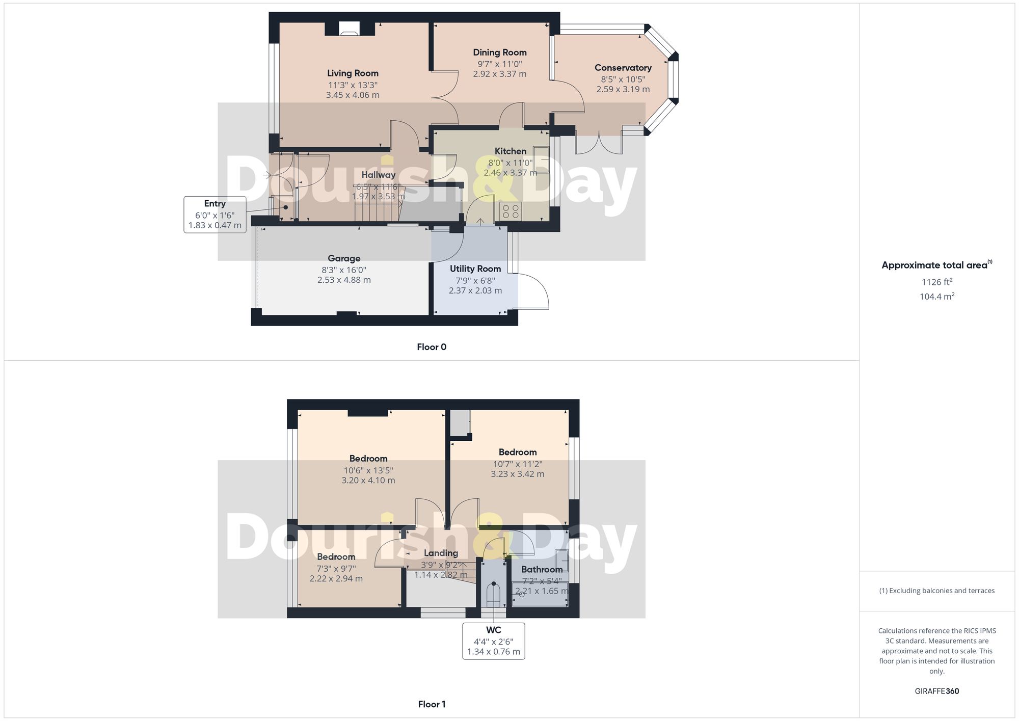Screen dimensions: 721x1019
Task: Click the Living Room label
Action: point(353,73)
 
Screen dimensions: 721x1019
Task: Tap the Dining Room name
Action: point(499,52)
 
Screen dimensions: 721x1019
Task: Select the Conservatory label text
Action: point(623,68)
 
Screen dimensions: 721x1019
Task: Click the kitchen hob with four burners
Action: point(511,211)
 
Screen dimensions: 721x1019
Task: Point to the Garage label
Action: point(344,258)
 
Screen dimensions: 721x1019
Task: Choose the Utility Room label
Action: point(475,269)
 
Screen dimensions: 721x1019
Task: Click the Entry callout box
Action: point(215,215)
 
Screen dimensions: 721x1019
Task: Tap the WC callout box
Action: point(493,641)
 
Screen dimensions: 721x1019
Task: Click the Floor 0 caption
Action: point(432,347)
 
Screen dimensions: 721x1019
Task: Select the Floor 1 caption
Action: point(432,704)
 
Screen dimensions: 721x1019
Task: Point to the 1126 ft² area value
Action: point(936,282)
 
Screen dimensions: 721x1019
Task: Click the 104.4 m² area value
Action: point(936,297)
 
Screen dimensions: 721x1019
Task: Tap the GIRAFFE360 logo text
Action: point(936,691)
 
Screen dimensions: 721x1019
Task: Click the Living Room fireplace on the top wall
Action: point(349,29)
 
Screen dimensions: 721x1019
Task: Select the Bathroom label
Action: point(542,569)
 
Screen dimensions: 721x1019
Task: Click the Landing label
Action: point(441,553)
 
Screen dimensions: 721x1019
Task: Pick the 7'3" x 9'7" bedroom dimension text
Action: point(336,569)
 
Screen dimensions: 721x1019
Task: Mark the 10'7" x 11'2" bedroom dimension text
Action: point(517,464)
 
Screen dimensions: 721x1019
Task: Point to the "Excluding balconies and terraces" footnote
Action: point(936,591)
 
